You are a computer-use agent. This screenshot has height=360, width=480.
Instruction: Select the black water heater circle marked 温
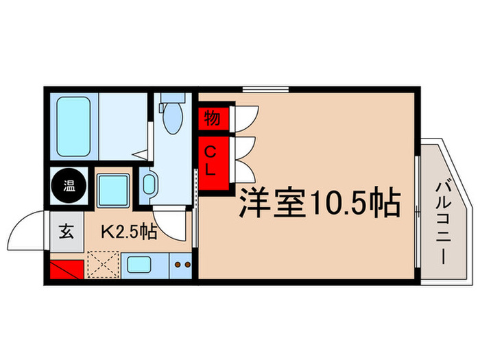(70, 184)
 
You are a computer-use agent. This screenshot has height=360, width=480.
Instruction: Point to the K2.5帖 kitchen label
(130, 232)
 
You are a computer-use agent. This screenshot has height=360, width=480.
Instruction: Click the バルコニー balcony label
(442, 218)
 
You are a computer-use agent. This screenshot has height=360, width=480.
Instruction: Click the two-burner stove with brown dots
(181, 265)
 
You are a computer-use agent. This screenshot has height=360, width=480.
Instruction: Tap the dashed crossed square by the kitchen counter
(104, 264)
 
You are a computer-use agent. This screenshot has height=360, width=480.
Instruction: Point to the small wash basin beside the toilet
(149, 184)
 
